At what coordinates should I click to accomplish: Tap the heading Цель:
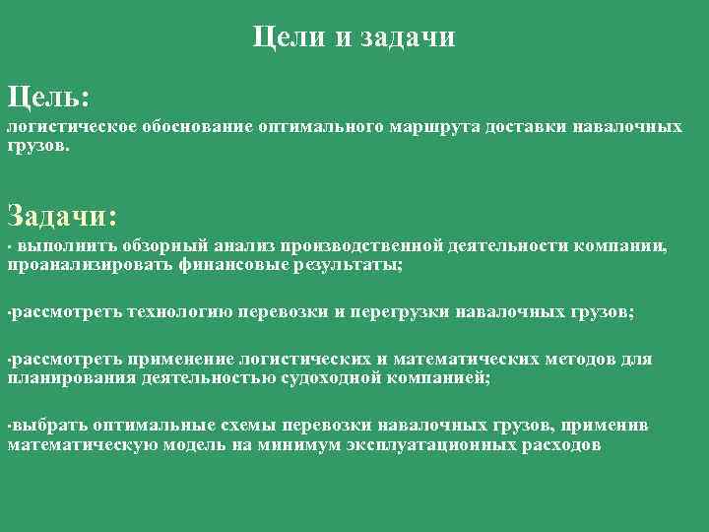tap(49, 98)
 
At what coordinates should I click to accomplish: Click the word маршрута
tap(430, 127)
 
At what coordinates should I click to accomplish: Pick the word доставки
tap(523, 127)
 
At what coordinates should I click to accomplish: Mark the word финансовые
tap(223, 264)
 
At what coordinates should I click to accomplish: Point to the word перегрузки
tap(402, 312)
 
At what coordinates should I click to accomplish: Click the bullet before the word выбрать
tap(9, 427)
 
